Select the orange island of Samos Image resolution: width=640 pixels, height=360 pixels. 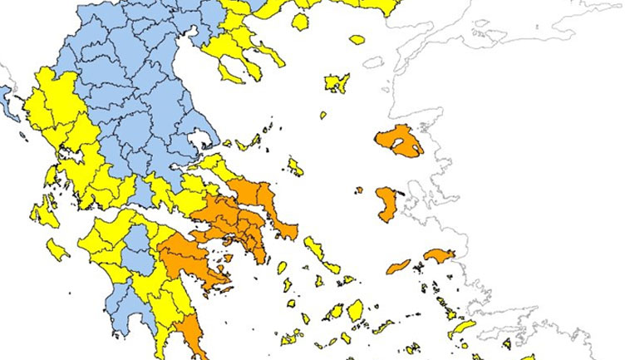click(438, 254)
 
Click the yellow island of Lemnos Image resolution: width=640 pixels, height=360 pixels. click(337, 82)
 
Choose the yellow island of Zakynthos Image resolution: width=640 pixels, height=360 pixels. click(57, 248)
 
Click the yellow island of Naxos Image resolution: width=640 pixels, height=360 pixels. click(355, 310)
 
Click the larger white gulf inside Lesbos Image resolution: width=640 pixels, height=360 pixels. click(405, 146)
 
